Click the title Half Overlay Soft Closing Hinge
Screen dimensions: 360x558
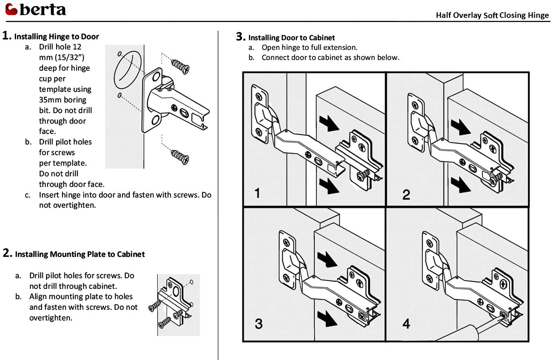point(492,15)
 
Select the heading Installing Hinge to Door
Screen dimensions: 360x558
point(56,36)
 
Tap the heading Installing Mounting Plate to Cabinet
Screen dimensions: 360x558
point(80,254)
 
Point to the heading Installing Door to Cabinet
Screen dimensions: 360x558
point(291,38)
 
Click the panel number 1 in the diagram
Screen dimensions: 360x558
point(257,193)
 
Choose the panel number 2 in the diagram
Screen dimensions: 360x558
point(406,194)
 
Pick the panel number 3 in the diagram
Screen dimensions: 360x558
point(259,323)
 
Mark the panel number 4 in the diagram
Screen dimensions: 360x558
point(406,323)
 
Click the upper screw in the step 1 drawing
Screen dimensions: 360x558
point(180,66)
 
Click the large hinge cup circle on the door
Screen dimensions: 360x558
point(128,71)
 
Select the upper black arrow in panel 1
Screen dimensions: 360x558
point(329,123)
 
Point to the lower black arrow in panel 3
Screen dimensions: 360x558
point(327,319)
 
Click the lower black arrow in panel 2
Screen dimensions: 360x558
point(461,185)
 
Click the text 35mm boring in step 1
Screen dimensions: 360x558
point(62,100)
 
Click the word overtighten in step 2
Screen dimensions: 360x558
point(51,318)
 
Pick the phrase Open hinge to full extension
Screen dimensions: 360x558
point(309,48)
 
